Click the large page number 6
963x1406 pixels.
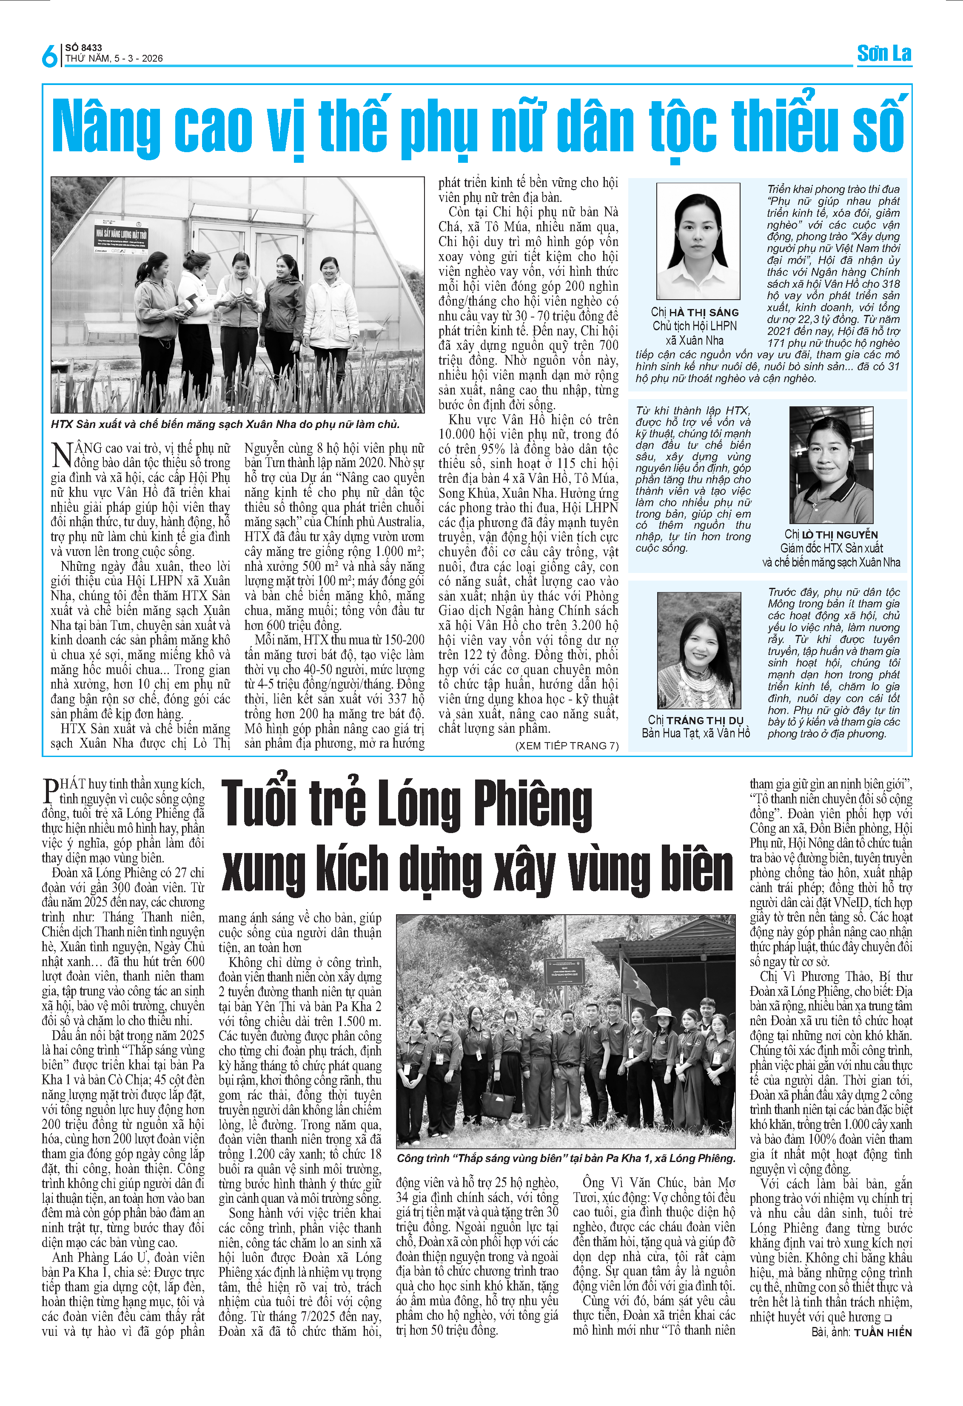click(50, 56)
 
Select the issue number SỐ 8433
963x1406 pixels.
click(83, 47)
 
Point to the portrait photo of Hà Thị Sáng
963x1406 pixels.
click(698, 241)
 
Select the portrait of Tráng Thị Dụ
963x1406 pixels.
click(699, 650)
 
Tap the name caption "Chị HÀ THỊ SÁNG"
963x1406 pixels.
click(695, 312)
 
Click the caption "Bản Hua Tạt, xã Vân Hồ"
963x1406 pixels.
click(695, 733)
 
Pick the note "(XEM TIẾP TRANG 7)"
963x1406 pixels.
click(567, 746)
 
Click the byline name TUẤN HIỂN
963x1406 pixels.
click(883, 1332)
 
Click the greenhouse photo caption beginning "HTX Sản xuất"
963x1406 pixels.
click(225, 424)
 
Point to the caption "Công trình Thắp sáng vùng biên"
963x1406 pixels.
click(566, 1158)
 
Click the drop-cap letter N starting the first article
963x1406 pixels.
click(62, 454)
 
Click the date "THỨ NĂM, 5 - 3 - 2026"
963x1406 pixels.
click(114, 59)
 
